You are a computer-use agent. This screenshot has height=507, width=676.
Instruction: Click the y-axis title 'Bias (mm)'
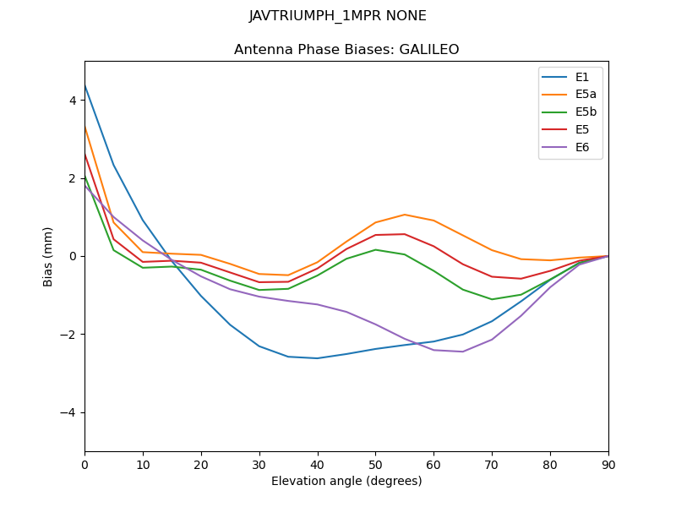pyautogui.click(x=48, y=256)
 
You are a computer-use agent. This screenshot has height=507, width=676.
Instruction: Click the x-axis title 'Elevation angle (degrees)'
pyautogui.click(x=346, y=482)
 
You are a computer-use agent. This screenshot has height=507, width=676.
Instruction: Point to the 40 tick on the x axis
pyautogui.click(x=318, y=464)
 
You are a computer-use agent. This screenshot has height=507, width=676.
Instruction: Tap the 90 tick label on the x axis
pyautogui.click(x=608, y=464)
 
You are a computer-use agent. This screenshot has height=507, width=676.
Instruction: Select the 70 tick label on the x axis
pyautogui.click(x=492, y=464)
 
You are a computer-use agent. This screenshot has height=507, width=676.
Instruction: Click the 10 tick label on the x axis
pyautogui.click(x=143, y=464)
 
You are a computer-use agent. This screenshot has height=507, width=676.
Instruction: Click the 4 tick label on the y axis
pyautogui.click(x=73, y=100)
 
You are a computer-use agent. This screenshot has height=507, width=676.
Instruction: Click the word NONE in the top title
pyautogui.click(x=406, y=16)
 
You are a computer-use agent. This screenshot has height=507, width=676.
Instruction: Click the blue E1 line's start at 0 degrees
pyautogui.click(x=85, y=85)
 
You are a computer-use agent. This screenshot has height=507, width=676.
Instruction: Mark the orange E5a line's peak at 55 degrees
pyautogui.click(x=405, y=215)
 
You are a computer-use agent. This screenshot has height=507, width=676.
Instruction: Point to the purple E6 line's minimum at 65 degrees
pyautogui.click(x=463, y=352)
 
